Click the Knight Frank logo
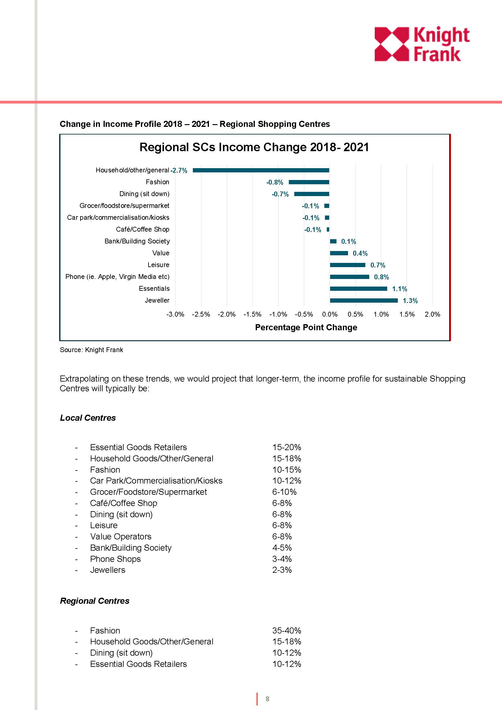(x=422, y=44)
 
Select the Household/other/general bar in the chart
(x=261, y=170)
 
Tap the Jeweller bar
(x=364, y=300)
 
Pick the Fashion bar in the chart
(x=309, y=182)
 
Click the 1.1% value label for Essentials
(x=400, y=289)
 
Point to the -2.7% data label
(x=179, y=170)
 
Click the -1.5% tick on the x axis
(x=252, y=314)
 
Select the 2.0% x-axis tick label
(x=432, y=314)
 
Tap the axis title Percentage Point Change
(x=306, y=328)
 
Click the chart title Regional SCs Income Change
(x=254, y=147)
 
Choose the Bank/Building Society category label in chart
(x=137, y=241)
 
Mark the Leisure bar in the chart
(x=348, y=265)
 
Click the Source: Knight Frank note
(x=91, y=350)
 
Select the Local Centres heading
(x=87, y=418)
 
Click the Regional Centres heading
(x=94, y=600)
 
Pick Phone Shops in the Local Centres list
(x=115, y=559)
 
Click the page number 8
(x=268, y=699)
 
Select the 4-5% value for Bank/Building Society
(x=282, y=548)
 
